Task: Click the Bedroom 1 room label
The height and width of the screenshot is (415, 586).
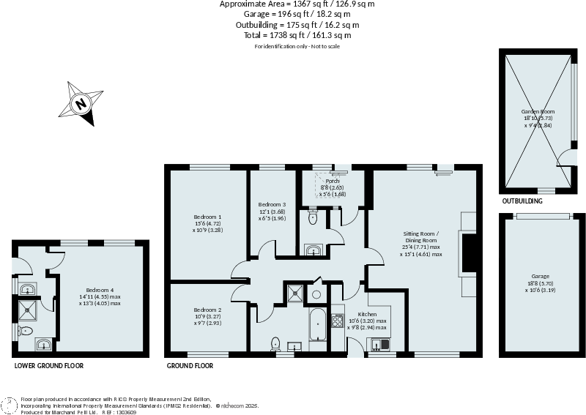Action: coord(207,217)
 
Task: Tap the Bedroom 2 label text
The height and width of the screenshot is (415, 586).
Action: coord(207,310)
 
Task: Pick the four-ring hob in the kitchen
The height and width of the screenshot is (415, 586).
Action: coord(338,321)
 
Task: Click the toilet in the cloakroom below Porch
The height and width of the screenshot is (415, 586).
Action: coord(313,217)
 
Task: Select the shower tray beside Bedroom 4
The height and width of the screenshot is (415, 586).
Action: coord(29,311)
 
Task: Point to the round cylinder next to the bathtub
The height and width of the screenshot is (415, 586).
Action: coord(316,294)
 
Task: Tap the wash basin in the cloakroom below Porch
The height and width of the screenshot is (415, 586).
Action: coord(313,251)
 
